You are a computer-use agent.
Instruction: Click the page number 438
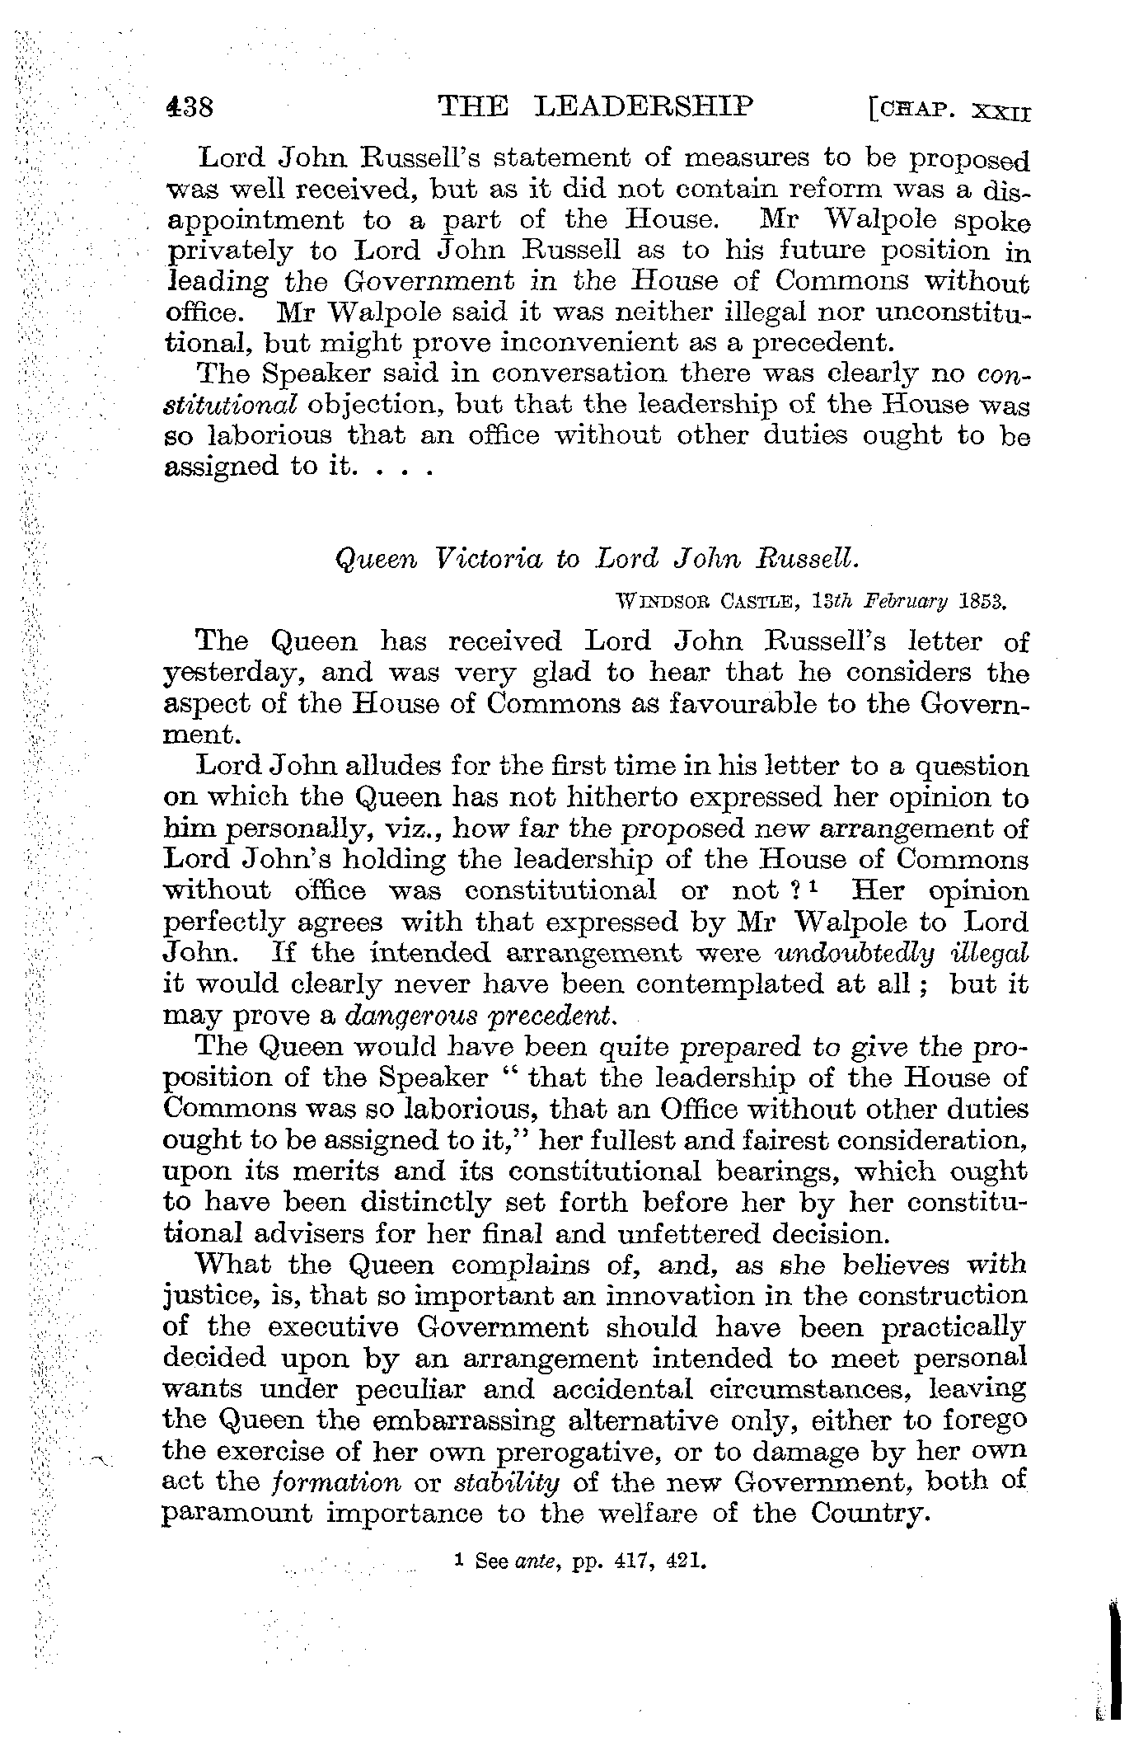click(x=190, y=108)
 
